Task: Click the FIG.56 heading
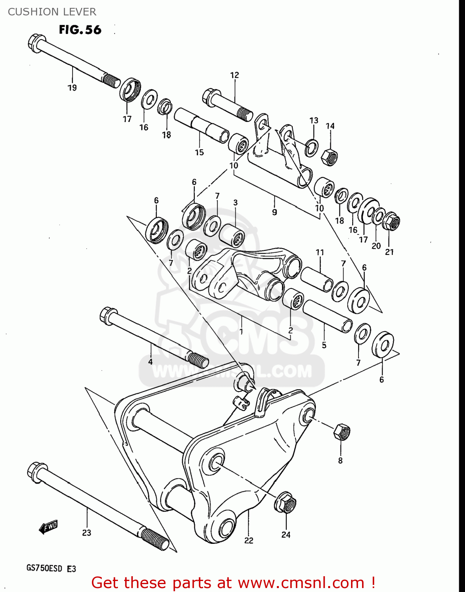point(80,30)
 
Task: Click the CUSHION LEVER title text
point(52,12)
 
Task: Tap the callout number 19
point(72,88)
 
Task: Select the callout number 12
point(234,75)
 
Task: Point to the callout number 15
point(199,152)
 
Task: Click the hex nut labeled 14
point(329,157)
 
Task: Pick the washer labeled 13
point(312,148)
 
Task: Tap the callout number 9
point(275,212)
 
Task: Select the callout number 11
point(319,252)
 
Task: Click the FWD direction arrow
point(48,527)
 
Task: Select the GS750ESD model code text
point(45,569)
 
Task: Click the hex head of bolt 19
point(36,43)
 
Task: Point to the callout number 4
point(150,362)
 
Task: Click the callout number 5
point(324,345)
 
